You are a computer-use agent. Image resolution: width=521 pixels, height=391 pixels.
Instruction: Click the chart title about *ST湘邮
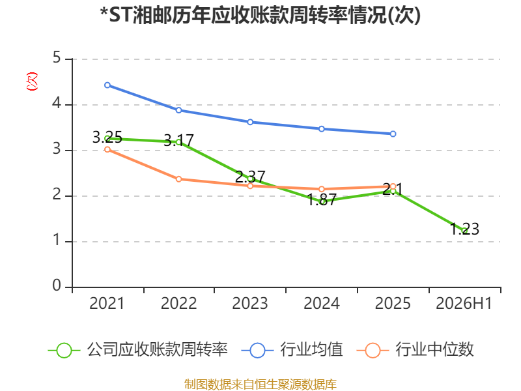point(260,15)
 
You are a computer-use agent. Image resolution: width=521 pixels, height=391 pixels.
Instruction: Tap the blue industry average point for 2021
point(107,85)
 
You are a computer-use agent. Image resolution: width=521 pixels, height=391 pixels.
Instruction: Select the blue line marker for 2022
point(178,110)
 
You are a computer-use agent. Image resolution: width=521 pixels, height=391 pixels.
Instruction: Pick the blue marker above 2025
point(393,134)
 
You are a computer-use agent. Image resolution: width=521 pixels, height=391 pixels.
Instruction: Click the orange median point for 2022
point(178,179)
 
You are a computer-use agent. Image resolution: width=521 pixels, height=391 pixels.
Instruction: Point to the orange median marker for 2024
point(322,189)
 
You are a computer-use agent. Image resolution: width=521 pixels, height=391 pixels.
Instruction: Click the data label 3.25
point(107,137)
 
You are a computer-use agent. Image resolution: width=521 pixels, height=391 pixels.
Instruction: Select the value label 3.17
point(178,140)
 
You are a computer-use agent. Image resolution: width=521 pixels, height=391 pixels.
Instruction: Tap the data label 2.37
point(250,177)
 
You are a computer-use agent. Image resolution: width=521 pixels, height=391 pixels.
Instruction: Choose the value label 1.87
point(322,199)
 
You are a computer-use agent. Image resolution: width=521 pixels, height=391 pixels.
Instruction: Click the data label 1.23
point(464,229)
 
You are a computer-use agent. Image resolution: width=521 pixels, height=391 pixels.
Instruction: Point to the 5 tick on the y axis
point(57,58)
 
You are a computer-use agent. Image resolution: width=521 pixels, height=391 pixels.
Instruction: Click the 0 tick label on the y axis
point(57,285)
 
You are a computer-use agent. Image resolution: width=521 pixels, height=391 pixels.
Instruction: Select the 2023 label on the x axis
point(250,303)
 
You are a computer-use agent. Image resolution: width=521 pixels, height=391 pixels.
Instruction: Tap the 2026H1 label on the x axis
point(464,303)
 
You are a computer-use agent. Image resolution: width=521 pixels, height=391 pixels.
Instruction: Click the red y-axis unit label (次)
point(32,81)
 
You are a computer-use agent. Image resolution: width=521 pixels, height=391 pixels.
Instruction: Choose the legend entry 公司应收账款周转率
point(138,350)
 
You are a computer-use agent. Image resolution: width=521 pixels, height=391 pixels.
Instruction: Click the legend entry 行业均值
point(292,350)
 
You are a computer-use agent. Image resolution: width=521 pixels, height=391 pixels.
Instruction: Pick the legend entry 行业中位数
point(415,350)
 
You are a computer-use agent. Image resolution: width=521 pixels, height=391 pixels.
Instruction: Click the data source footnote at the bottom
point(260,384)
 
